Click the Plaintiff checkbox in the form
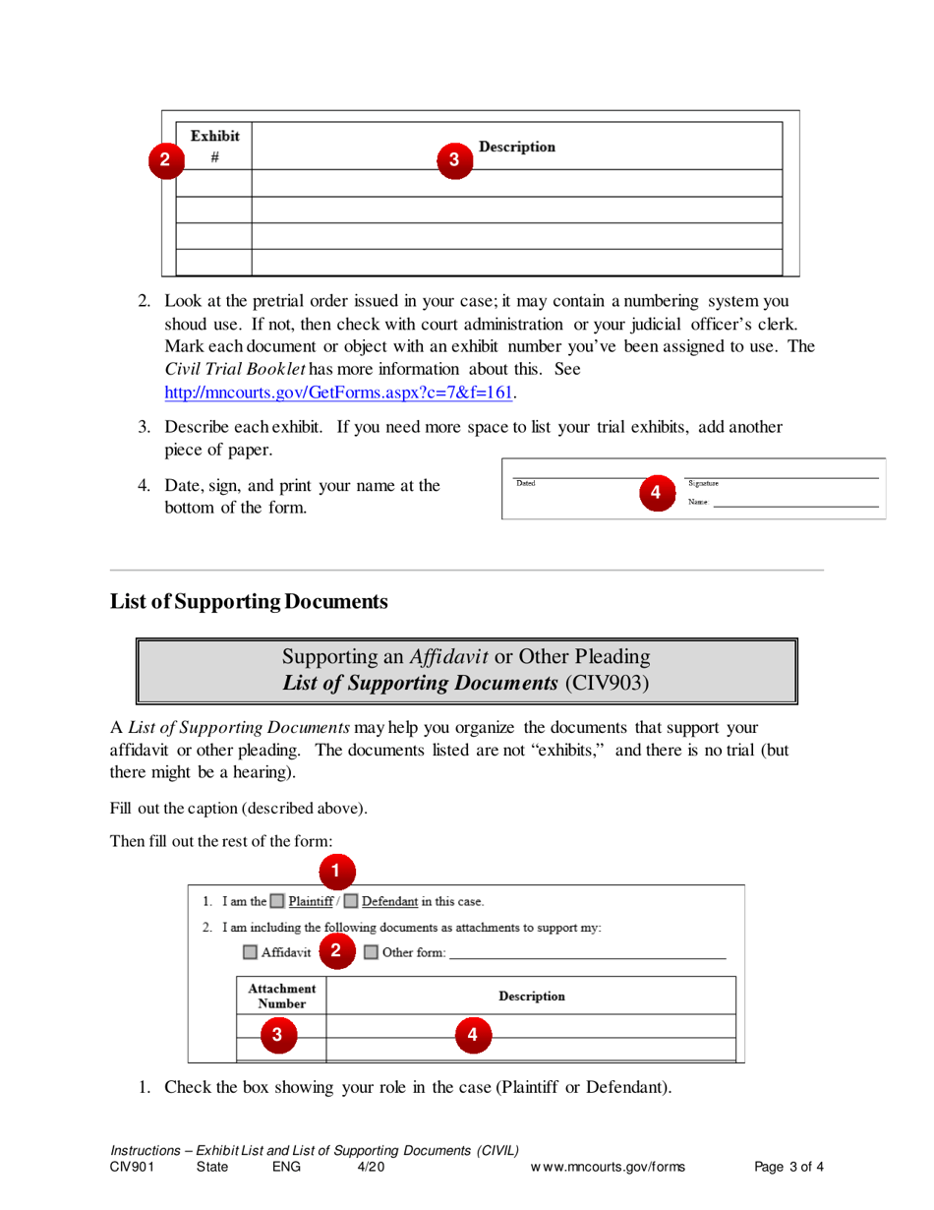277,901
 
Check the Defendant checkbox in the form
351,901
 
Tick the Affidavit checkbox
251,952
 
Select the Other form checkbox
371,952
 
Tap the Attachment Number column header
281,995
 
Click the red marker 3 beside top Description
453,158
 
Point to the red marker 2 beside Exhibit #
165,159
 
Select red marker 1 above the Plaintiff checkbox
335,870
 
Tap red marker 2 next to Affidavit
336,950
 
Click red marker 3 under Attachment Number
276,1033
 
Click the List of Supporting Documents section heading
249,601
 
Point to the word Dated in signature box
526,483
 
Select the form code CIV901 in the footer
133,1168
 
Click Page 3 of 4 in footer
788,1168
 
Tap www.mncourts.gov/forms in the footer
608,1168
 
